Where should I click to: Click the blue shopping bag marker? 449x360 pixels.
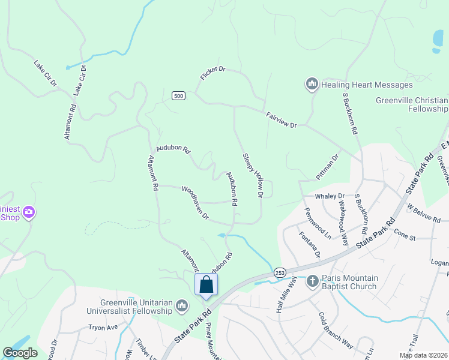(206, 284)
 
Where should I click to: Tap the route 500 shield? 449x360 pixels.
(178, 95)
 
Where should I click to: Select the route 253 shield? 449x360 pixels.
(279, 272)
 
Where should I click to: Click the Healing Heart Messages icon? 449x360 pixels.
(312, 85)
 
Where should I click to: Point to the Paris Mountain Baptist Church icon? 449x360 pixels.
(312, 281)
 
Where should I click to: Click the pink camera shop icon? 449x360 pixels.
(28, 212)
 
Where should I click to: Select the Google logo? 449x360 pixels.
(20, 353)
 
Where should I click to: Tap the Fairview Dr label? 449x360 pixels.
(281, 119)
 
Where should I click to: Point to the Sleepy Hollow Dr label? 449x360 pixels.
(253, 176)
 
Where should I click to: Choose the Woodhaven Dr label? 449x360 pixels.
(195, 202)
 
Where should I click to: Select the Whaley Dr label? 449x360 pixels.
(330, 196)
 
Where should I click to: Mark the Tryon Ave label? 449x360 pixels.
(103, 328)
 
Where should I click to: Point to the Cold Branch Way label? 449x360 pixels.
(336, 329)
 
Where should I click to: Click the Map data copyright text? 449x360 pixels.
(423, 355)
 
